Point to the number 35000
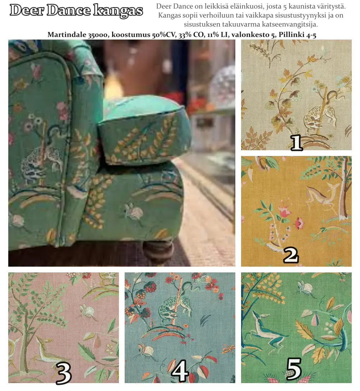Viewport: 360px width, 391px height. coord(98,34)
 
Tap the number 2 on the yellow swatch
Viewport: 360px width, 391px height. coord(291,255)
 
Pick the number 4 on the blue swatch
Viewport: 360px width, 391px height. coord(180,371)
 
